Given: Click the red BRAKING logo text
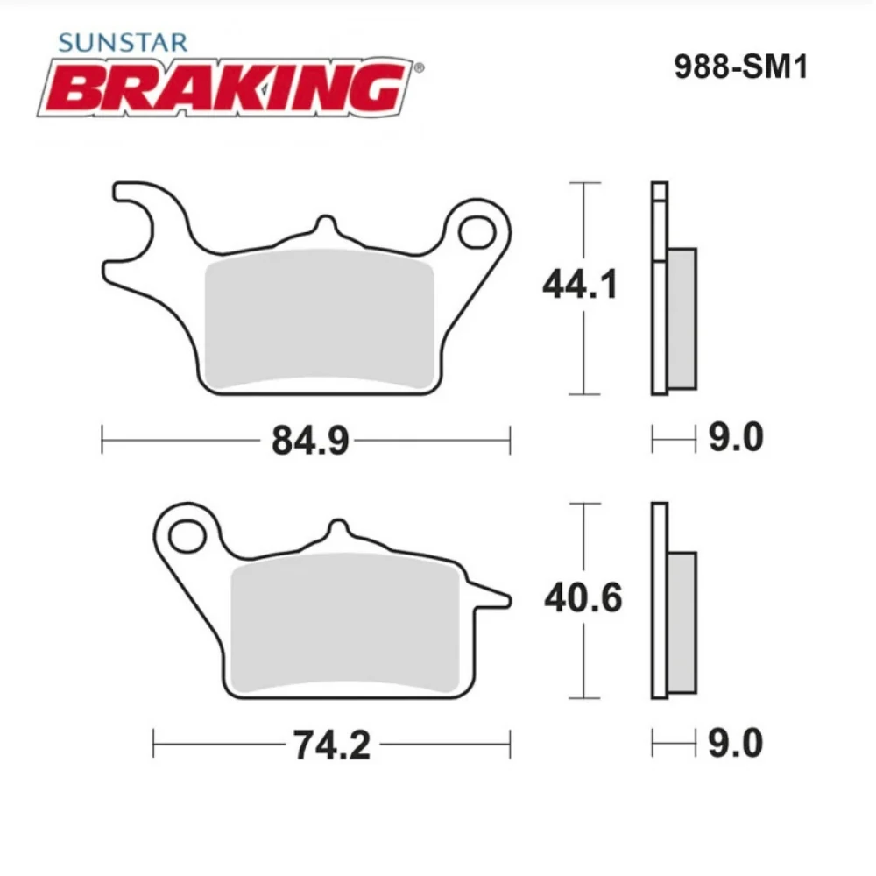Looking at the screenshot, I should click(x=226, y=88).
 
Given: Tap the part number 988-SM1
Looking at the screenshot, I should click(x=739, y=68).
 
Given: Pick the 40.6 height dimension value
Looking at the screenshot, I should click(x=583, y=599).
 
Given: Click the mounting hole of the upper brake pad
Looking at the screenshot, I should click(x=477, y=231).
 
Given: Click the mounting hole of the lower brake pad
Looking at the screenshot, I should click(x=186, y=534).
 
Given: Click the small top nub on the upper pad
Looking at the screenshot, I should click(x=325, y=225).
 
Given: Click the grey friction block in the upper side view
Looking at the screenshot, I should click(x=682, y=318).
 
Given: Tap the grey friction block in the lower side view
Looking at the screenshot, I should click(x=683, y=622).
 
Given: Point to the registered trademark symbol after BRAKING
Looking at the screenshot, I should click(x=419, y=67).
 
